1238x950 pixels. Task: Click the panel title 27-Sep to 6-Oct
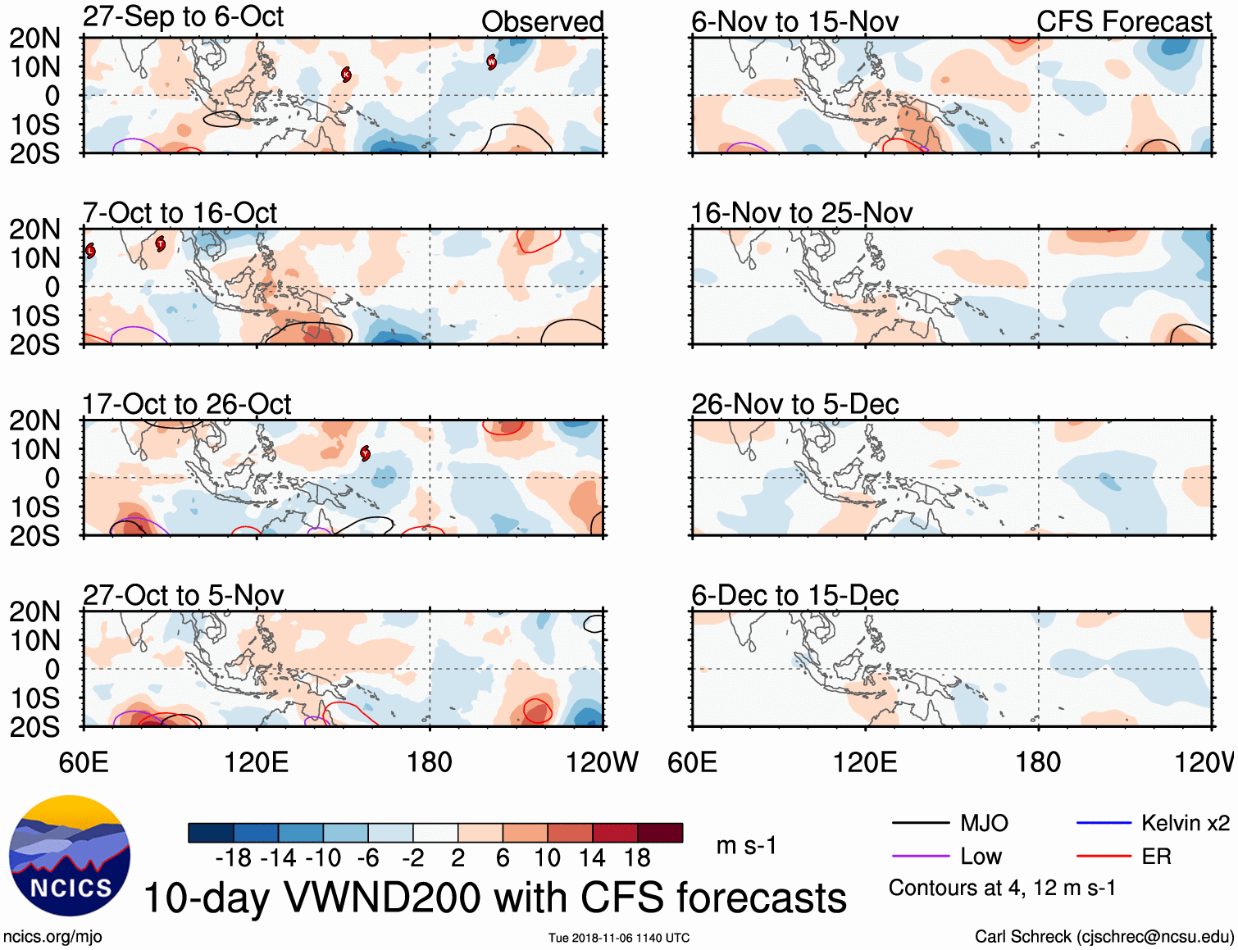[x=183, y=17]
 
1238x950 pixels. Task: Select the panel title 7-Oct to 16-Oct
[x=180, y=213]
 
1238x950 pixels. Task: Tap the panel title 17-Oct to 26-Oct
[x=186, y=404]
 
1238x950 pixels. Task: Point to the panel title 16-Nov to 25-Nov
[x=801, y=213]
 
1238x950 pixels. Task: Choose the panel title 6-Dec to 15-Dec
[x=794, y=595]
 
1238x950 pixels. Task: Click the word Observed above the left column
[x=542, y=22]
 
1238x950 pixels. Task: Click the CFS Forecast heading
[x=1123, y=22]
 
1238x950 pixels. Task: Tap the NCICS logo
[x=70, y=856]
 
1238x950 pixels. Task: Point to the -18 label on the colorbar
[x=233, y=858]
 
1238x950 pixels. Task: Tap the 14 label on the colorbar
[x=591, y=858]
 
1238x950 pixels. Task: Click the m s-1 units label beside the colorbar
[x=746, y=845]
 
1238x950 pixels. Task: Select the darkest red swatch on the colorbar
[x=660, y=833]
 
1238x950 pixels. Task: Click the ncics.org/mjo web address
[x=52, y=936]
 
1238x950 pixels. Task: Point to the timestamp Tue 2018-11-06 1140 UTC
[x=619, y=938]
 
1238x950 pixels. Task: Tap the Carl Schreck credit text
[x=1104, y=936]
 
